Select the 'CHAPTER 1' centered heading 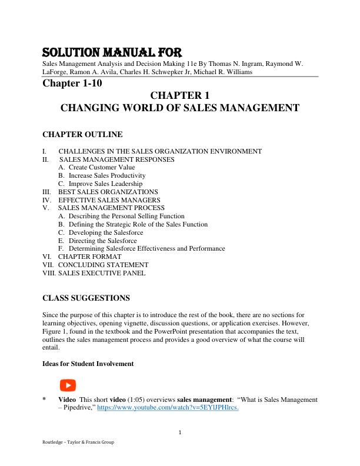[x=180, y=95]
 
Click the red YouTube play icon [x=68, y=385]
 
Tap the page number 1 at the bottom [x=180, y=434]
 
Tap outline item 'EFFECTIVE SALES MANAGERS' [x=108, y=200]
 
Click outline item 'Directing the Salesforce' [x=102, y=241]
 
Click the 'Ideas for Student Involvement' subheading [x=88, y=364]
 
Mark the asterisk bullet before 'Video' [x=44, y=400]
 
